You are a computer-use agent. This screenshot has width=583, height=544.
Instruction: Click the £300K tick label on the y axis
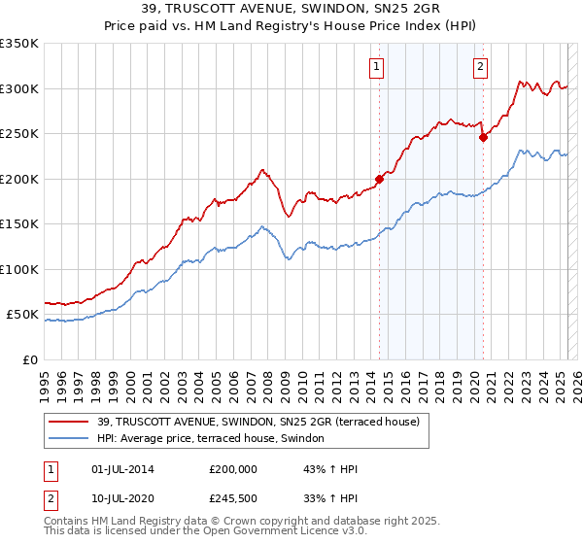click(x=19, y=88)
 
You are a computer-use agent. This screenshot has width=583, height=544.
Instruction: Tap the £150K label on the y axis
click(x=19, y=224)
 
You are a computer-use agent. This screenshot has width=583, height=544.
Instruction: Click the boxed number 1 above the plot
click(x=376, y=67)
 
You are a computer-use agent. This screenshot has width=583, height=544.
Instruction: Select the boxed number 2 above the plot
click(x=480, y=67)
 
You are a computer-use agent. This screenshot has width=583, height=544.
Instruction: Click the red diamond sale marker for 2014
click(x=380, y=179)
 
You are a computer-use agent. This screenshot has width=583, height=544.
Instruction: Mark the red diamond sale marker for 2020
click(x=483, y=138)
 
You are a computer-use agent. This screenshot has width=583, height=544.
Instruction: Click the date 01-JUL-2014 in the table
click(x=122, y=469)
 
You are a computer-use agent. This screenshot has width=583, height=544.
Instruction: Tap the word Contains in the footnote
click(x=69, y=523)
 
